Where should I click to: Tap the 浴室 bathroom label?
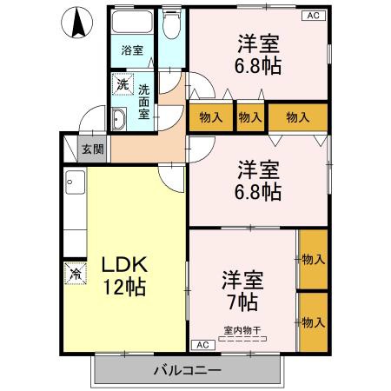pyautogui.click(x=132, y=50)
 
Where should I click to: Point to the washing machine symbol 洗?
pyautogui.click(x=123, y=87)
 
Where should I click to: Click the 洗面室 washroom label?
pyautogui.click(x=143, y=101)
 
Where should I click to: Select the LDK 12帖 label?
pyautogui.click(x=122, y=274)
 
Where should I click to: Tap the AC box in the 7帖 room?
pyautogui.click(x=201, y=345)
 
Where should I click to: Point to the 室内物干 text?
pyautogui.click(x=243, y=329)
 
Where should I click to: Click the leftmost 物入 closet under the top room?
pyautogui.click(x=209, y=117)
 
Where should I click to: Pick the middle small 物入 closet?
pyautogui.click(x=250, y=117)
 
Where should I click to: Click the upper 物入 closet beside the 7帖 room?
pyautogui.click(x=312, y=259)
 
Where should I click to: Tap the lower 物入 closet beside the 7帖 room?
pyautogui.click(x=312, y=321)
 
